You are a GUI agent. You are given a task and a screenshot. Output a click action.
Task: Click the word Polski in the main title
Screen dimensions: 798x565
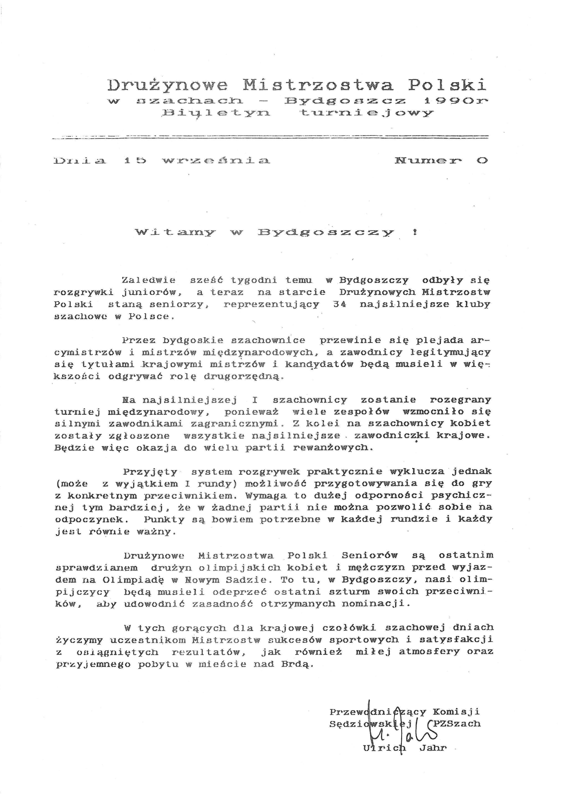(x=447, y=85)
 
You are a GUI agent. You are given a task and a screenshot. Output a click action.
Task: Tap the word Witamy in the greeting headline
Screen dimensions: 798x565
(x=175, y=232)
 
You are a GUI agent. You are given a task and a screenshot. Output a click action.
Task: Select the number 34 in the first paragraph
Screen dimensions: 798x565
(x=339, y=304)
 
